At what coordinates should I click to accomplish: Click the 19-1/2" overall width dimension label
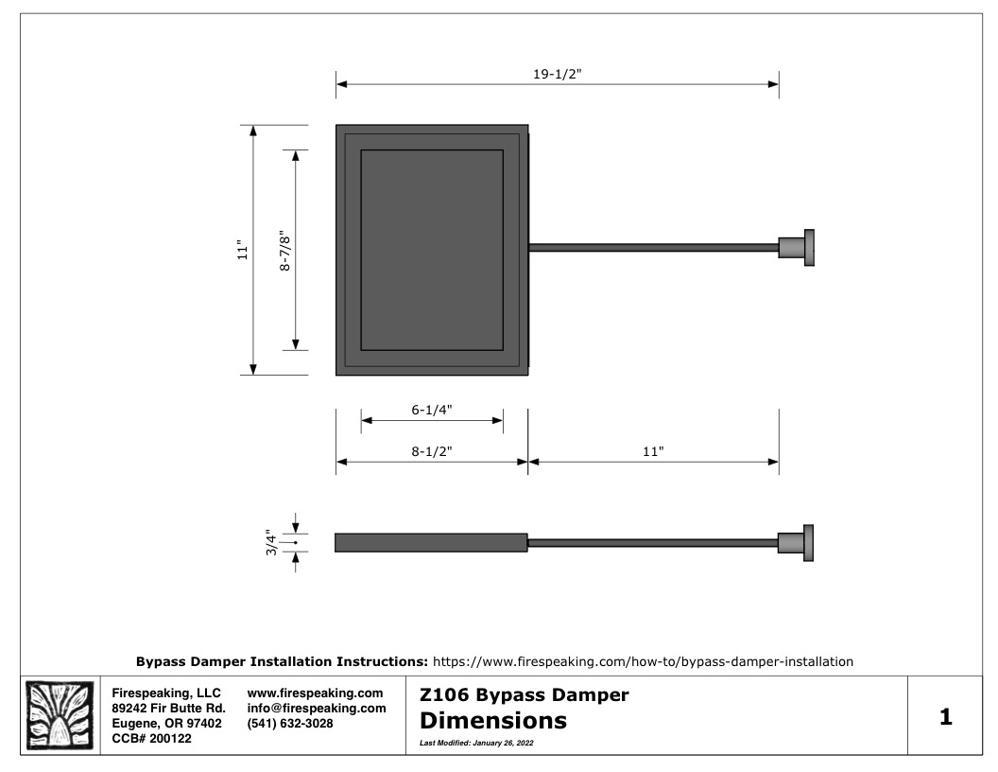558,74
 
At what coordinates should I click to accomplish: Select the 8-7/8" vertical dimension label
285,251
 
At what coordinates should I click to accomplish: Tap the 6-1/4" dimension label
432,410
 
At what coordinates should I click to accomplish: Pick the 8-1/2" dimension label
432,451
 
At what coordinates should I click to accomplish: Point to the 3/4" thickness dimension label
272,543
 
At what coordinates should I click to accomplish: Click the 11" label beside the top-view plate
243,250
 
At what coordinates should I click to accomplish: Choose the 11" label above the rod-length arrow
653,451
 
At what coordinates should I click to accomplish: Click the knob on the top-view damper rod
797,247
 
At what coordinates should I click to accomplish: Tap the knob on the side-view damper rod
796,543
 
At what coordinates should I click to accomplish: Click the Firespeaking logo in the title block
60,715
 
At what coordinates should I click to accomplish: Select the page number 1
946,716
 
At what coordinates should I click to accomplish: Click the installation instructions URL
643,662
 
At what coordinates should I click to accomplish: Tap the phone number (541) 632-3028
290,724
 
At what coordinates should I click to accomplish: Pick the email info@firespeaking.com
317,709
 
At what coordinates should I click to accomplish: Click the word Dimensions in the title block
493,720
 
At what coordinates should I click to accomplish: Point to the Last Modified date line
476,743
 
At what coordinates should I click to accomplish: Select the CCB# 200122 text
151,739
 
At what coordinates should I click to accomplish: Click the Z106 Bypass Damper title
525,695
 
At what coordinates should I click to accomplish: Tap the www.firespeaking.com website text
315,693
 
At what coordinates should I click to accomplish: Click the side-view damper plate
432,543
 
